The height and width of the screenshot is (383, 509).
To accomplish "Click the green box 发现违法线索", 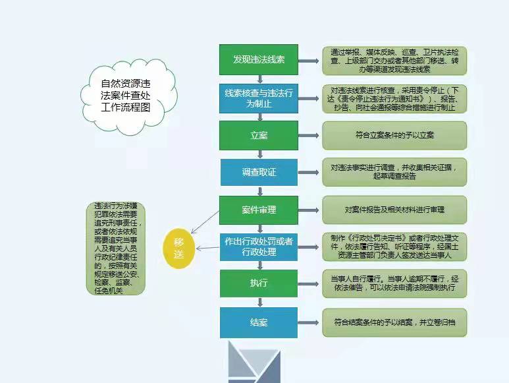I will (x=259, y=59).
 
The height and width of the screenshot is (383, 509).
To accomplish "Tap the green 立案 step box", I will (x=259, y=135).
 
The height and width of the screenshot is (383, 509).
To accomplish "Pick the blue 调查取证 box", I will (x=259, y=172).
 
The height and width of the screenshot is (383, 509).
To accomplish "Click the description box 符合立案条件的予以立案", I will (x=394, y=135).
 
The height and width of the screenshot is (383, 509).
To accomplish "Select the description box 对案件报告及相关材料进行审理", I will (x=394, y=210).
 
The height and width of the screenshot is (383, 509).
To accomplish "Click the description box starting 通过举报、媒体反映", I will (x=394, y=60).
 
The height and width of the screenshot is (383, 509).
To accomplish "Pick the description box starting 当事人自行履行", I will (x=394, y=283).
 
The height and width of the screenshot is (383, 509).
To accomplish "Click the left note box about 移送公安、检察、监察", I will (x=117, y=247).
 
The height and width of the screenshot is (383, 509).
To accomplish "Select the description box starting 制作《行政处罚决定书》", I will (x=394, y=247).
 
